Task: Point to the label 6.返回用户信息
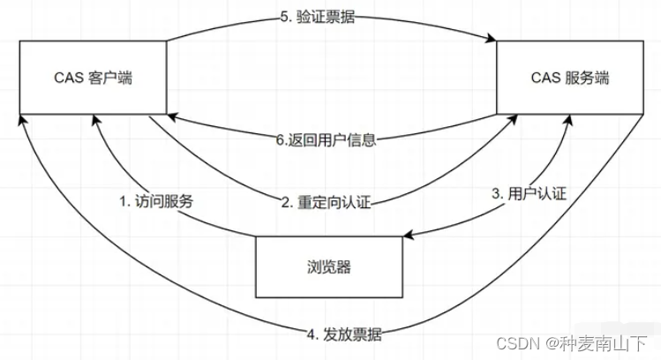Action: (x=326, y=139)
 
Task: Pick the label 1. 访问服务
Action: (x=156, y=199)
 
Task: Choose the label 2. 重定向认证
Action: (x=326, y=202)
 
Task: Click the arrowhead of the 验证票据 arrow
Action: (x=492, y=39)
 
